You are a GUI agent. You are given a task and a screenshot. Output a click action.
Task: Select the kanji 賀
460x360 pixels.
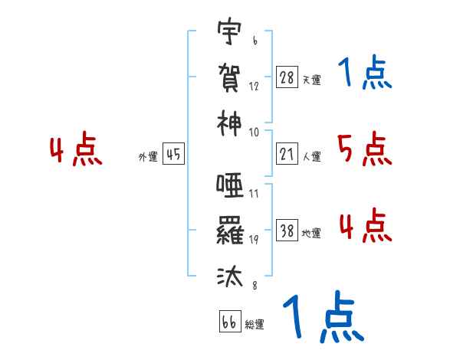pos(229,77)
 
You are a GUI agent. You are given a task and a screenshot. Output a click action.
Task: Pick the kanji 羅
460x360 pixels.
pos(229,231)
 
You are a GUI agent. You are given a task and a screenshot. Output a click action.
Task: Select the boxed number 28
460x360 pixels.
pos(287,77)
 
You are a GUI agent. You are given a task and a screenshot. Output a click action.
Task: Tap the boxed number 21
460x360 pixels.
pos(287,154)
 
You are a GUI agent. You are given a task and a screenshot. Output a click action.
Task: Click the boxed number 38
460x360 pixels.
pos(287,231)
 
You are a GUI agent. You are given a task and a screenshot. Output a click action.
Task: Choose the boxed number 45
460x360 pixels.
pos(173,154)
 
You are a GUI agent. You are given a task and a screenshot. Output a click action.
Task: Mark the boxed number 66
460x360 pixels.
pos(229,322)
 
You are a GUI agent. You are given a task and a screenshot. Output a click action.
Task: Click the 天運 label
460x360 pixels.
pos(311,80)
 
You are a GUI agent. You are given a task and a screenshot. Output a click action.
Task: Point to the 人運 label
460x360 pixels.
pos(311,156)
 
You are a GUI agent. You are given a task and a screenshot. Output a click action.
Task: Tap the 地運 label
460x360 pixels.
pos(311,233)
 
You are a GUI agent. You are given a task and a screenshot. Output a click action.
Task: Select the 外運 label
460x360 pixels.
pos(148,156)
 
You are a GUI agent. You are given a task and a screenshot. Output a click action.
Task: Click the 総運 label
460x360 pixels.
pos(255,324)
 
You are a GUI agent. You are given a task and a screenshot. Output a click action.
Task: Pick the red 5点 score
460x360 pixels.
pos(364,149)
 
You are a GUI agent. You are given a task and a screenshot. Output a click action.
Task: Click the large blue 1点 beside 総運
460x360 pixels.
pos(322,318)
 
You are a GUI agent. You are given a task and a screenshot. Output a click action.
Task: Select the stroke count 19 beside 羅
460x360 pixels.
pos(254,239)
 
